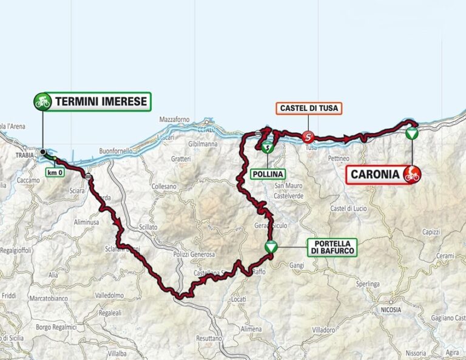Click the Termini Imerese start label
tap(101, 101)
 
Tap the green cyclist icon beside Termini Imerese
tap(42, 101)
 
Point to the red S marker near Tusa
tap(308, 137)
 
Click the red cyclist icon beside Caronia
tap(412, 175)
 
